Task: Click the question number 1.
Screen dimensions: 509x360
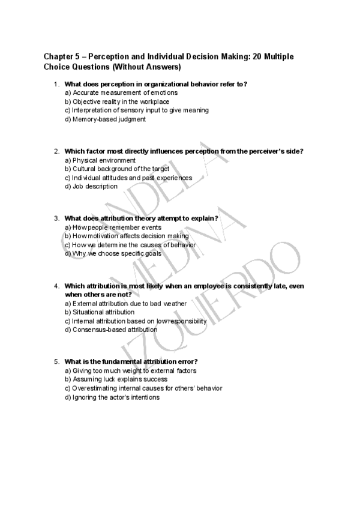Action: (x=56, y=85)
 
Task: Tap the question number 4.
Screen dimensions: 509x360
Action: (x=56, y=286)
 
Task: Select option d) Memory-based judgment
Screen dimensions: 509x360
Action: (x=105, y=119)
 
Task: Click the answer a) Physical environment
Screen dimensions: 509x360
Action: (x=100, y=160)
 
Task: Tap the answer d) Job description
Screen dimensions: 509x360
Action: (x=91, y=186)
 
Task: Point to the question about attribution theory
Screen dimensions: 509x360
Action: (x=141, y=218)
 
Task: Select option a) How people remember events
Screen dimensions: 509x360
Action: (x=113, y=227)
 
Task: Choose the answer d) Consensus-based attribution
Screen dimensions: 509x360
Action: (x=111, y=330)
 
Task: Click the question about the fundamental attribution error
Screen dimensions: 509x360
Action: (x=131, y=362)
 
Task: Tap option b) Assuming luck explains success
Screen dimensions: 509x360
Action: (x=116, y=379)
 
